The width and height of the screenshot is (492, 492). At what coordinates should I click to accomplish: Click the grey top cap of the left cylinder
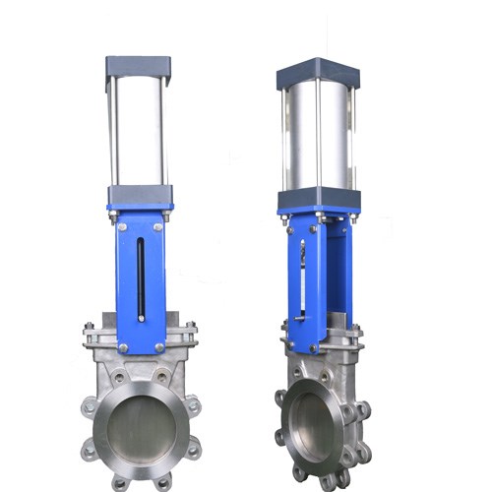(x=139, y=68)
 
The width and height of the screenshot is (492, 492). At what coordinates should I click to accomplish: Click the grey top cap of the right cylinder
(x=318, y=72)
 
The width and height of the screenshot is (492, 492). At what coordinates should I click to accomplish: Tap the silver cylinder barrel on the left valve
(x=139, y=132)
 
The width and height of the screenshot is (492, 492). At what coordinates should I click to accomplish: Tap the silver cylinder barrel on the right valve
(x=318, y=137)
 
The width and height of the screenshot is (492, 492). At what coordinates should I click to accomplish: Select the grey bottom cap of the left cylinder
(x=140, y=194)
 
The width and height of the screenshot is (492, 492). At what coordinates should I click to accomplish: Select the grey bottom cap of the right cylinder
(x=319, y=199)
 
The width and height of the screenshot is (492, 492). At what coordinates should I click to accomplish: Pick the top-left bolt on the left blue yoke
(x=121, y=228)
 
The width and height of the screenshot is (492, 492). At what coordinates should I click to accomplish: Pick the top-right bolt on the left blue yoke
(x=160, y=228)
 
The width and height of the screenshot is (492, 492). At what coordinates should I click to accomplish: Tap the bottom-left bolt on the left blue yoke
(x=122, y=346)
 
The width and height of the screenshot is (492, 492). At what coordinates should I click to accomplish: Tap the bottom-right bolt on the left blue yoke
(x=159, y=346)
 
